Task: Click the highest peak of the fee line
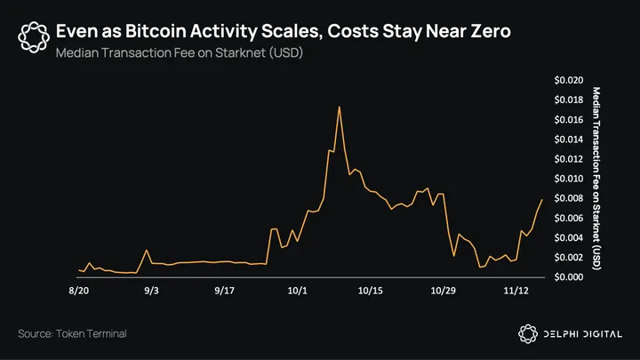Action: point(340,107)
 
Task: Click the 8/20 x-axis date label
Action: point(78,291)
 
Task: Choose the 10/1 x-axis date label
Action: point(298,291)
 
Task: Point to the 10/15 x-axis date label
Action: point(371,291)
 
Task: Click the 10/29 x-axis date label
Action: point(444,291)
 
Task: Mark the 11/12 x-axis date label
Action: point(516,291)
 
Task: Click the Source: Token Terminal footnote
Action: point(72,333)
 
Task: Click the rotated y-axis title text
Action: point(596,179)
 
